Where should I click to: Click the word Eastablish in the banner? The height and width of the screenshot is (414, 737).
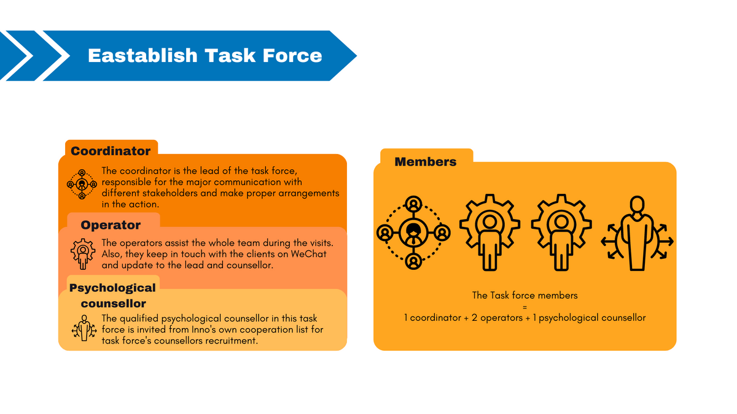tap(142, 55)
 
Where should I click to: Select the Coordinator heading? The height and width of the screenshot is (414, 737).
tap(111, 151)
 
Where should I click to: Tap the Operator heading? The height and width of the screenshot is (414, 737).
tap(111, 224)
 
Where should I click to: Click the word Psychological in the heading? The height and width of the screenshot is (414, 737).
tap(112, 288)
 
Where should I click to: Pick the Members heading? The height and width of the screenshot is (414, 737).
tap(426, 162)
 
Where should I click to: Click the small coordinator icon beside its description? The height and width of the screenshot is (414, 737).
tap(82, 185)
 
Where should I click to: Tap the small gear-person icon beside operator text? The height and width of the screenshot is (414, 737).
tap(83, 254)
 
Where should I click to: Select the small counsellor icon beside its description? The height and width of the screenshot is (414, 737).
tap(84, 328)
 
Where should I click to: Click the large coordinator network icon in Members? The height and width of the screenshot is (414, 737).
tap(413, 232)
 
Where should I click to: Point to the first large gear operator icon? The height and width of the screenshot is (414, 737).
tap(489, 232)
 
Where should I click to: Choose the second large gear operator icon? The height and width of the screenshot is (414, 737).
tap(561, 232)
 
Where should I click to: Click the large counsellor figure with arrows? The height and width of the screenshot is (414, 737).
tap(637, 233)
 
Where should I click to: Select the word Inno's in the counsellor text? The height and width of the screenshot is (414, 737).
tap(204, 329)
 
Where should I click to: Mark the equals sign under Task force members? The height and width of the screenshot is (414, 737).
tap(524, 307)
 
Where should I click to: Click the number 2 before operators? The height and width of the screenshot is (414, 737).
tap(474, 318)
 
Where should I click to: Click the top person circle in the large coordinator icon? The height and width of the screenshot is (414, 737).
tap(413, 204)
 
